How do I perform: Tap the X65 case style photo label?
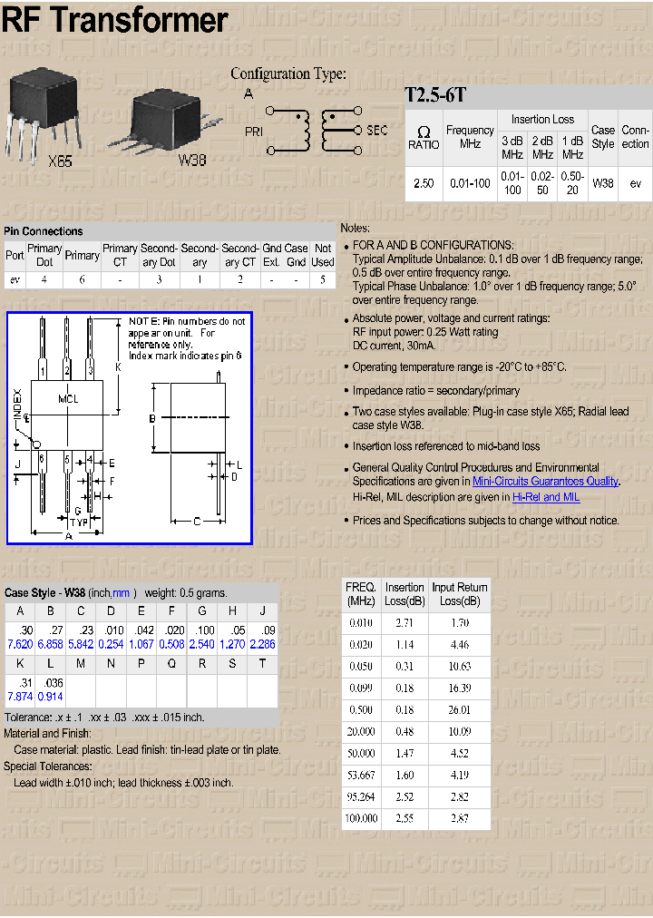59,161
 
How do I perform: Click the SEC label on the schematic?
376,130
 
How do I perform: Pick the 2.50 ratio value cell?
424,183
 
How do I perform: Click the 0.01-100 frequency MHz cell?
470,183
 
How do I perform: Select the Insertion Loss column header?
542,119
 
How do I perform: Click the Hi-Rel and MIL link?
546,497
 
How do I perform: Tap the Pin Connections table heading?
44,231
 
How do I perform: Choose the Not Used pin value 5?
322,279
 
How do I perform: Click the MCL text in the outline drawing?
68,398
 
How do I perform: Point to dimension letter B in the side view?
152,418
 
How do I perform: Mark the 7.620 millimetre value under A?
20,644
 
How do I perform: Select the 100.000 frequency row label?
360,818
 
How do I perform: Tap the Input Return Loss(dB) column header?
459,594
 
